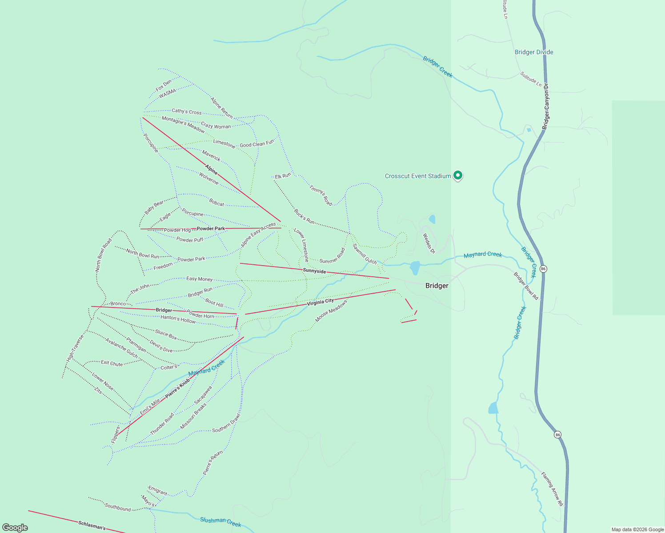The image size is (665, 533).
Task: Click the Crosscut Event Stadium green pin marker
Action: click(457, 175)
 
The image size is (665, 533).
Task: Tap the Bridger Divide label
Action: click(534, 52)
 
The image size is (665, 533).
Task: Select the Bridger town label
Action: click(437, 286)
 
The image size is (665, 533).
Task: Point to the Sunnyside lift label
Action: click(314, 270)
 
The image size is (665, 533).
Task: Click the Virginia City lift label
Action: click(320, 302)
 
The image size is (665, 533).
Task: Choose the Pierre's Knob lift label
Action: click(177, 388)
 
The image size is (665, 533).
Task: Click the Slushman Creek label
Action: click(220, 522)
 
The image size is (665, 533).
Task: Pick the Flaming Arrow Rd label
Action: click(552, 489)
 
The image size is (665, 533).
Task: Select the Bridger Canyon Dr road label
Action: click(546, 107)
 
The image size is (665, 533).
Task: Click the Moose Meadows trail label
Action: click(331, 311)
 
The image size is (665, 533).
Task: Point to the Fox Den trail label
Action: click(164, 85)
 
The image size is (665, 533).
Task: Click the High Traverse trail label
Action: click(75, 348)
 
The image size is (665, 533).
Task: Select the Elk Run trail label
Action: click(283, 176)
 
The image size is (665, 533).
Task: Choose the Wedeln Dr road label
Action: click(429, 243)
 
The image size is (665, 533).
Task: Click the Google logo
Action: click(15, 528)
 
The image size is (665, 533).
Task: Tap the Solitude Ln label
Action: click(531, 79)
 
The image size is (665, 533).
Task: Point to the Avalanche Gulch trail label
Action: click(121, 347)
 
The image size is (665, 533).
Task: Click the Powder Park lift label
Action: click(211, 229)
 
